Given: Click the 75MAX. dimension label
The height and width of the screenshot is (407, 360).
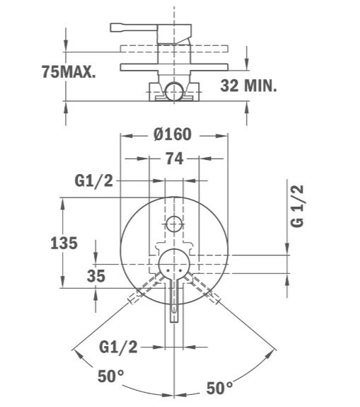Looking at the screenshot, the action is pos(69,71).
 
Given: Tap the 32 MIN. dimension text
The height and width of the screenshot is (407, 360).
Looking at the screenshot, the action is pos(248,86).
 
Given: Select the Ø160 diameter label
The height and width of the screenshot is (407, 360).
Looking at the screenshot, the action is pos(173,134).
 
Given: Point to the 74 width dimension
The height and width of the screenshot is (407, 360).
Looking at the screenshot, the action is pos(175,159).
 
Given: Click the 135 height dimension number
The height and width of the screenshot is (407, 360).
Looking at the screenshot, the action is pos(64,243).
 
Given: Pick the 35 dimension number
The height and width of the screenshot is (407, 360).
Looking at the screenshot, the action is pos(96,276).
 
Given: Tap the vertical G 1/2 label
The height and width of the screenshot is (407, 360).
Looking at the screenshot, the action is pos(297,206).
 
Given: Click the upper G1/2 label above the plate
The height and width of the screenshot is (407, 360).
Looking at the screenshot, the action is pos(94,180).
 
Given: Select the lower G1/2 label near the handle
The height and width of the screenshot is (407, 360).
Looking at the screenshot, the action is pos(118,347).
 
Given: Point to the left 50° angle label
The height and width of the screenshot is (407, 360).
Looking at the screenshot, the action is pos(111,376).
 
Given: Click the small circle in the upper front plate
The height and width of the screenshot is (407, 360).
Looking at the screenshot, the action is pos(174,224).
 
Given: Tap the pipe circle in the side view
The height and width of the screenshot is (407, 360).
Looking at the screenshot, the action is pos(174,91).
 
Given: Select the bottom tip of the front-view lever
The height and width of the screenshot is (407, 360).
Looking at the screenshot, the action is pos(174,322).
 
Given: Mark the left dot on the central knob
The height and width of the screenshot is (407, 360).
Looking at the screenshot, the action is pos(168,270).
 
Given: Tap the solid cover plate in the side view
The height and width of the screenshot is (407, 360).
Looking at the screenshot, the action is pos(174,67).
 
